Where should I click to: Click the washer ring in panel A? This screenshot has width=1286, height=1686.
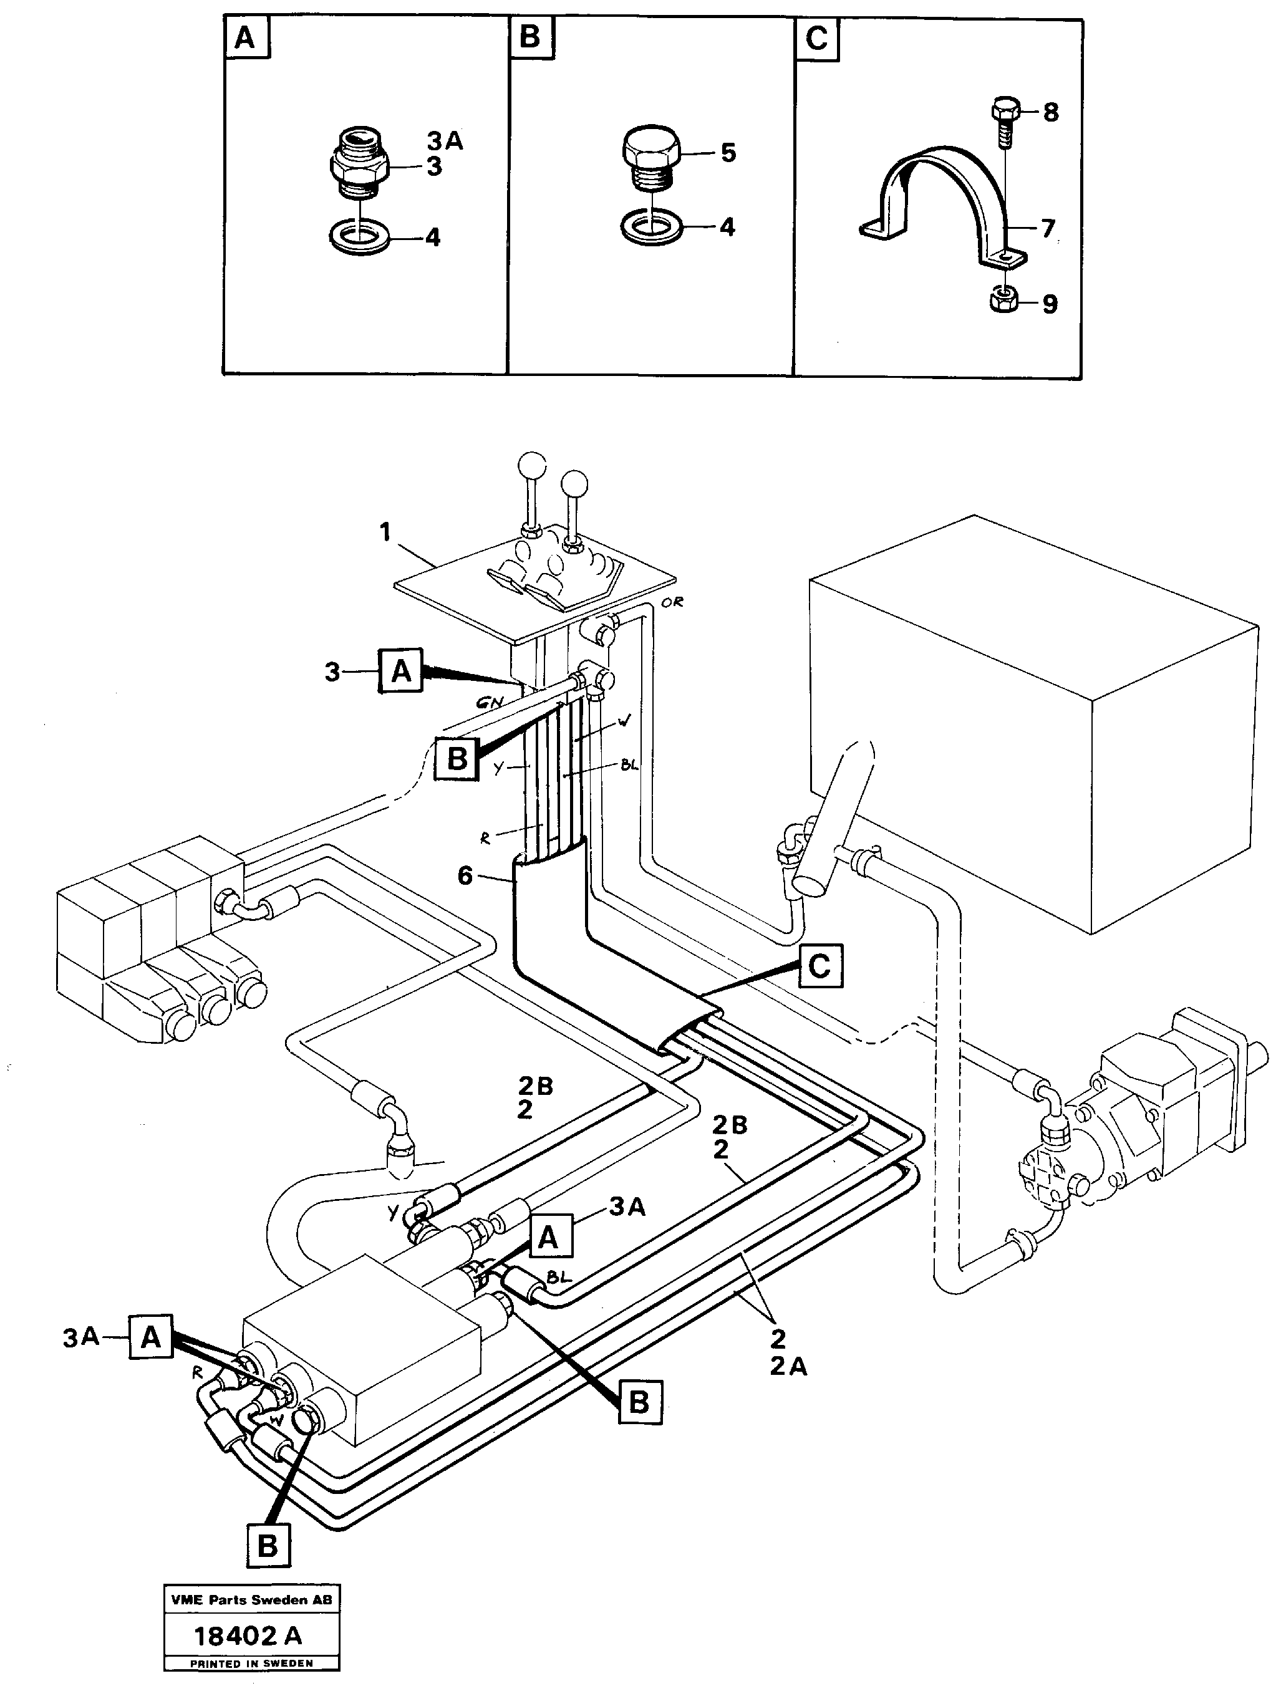click(360, 236)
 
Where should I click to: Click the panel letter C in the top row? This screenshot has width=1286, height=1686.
click(816, 38)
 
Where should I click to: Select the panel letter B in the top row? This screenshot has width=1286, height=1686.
click(529, 37)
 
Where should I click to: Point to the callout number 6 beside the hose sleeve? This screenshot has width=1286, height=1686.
click(465, 875)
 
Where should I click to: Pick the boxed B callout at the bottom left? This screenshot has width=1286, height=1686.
click(268, 1545)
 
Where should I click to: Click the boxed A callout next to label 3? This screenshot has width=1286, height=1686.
click(401, 671)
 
